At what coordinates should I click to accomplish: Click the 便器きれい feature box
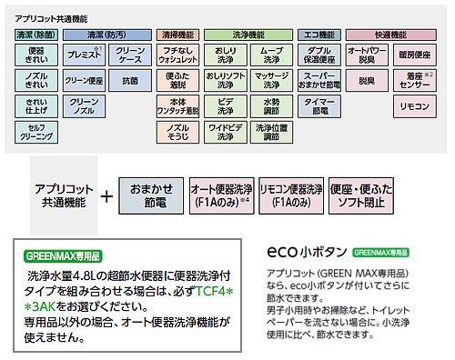click(x=36, y=55)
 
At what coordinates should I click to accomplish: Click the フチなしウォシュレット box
click(x=178, y=55)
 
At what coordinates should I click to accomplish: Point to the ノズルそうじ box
click(x=178, y=132)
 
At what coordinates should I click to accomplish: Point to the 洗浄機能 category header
click(x=247, y=35)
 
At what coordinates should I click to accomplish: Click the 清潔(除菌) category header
click(x=36, y=35)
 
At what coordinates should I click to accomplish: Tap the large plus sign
click(x=107, y=195)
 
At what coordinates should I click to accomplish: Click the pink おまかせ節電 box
click(x=150, y=195)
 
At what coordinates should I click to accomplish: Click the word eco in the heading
click(x=283, y=251)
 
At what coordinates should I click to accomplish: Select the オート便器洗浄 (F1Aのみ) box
click(x=219, y=195)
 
